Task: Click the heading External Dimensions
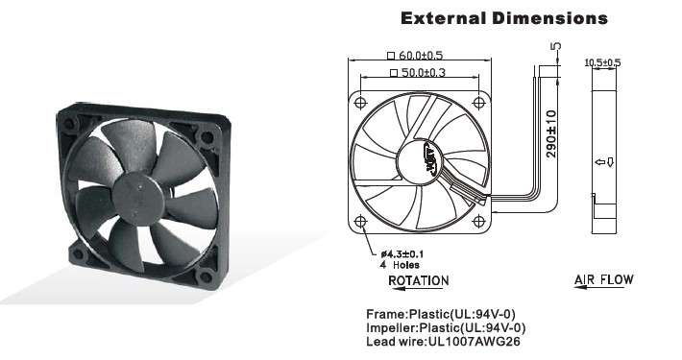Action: pos(503,18)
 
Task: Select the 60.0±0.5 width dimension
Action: pos(415,56)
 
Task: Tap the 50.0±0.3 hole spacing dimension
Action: pos(418,72)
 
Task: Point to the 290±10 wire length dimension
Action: pos(551,133)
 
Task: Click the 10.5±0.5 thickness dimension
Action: pos(602,62)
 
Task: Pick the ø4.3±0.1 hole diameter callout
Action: pos(402,253)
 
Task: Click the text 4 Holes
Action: pos(401,265)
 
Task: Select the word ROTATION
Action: pos(419,281)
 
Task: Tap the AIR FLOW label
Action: pos(603,279)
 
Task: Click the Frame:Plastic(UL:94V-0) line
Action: pos(441,314)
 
